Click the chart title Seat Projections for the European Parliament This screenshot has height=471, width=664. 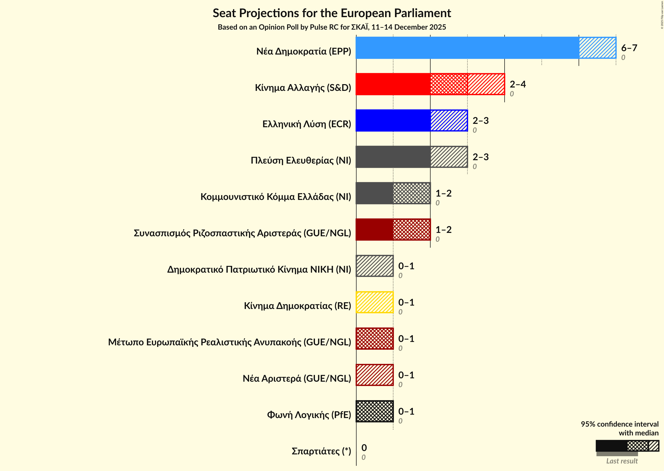pyautogui.click(x=332, y=13)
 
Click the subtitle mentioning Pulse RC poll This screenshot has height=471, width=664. pyautogui.click(x=332, y=27)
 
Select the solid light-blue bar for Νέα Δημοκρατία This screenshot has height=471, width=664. pyautogui.click(x=467, y=48)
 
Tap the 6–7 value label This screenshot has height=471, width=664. pyautogui.click(x=629, y=48)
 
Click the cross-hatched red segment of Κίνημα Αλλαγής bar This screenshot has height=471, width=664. pyautogui.click(x=448, y=84)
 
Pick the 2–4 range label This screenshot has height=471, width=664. pyautogui.click(x=518, y=84)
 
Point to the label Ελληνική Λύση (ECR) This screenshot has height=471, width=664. pyautogui.click(x=306, y=124)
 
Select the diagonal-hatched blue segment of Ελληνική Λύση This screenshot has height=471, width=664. pyautogui.click(x=449, y=120)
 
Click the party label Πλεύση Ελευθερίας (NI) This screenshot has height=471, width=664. pyautogui.click(x=300, y=160)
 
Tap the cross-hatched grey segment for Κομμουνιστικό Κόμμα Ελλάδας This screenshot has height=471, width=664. pyautogui.click(x=412, y=193)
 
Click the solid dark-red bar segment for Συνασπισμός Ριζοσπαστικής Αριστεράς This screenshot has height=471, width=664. pyautogui.click(x=374, y=230)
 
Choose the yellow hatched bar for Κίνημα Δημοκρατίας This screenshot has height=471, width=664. pyautogui.click(x=374, y=302)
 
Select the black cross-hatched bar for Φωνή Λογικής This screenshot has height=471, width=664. pyautogui.click(x=374, y=411)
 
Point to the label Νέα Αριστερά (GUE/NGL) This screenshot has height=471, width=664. pyautogui.click(x=297, y=379)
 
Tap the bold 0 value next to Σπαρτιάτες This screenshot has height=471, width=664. pyautogui.click(x=364, y=448)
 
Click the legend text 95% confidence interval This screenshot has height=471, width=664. pyautogui.click(x=619, y=424)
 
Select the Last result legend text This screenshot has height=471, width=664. pyautogui.click(x=622, y=461)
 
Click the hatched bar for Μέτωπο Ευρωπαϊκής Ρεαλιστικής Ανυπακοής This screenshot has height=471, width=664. pyautogui.click(x=374, y=339)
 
